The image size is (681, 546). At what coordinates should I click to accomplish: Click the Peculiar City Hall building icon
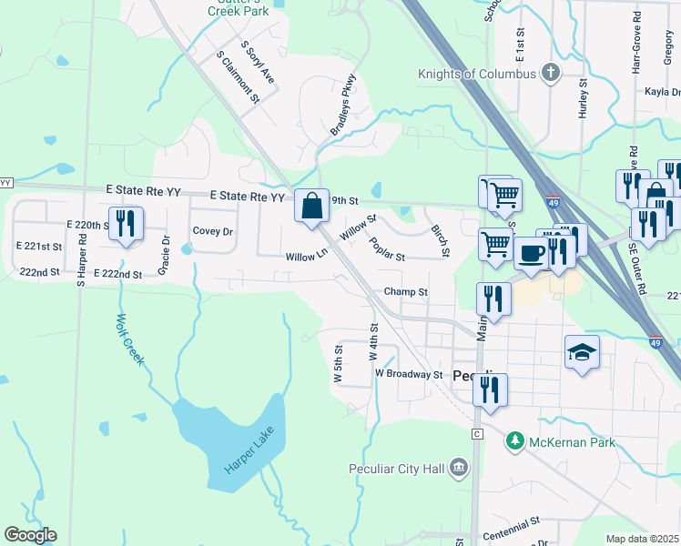click(459, 468)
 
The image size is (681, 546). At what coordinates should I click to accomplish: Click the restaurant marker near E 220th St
click(127, 224)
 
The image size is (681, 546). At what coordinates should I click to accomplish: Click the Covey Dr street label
click(212, 231)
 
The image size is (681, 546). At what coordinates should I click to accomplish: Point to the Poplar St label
click(387, 248)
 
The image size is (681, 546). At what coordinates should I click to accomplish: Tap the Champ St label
click(405, 292)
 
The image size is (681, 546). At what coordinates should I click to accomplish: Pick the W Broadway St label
click(408, 374)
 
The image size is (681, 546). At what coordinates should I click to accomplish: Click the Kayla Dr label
click(663, 92)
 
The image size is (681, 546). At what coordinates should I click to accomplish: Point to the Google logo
click(30, 535)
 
